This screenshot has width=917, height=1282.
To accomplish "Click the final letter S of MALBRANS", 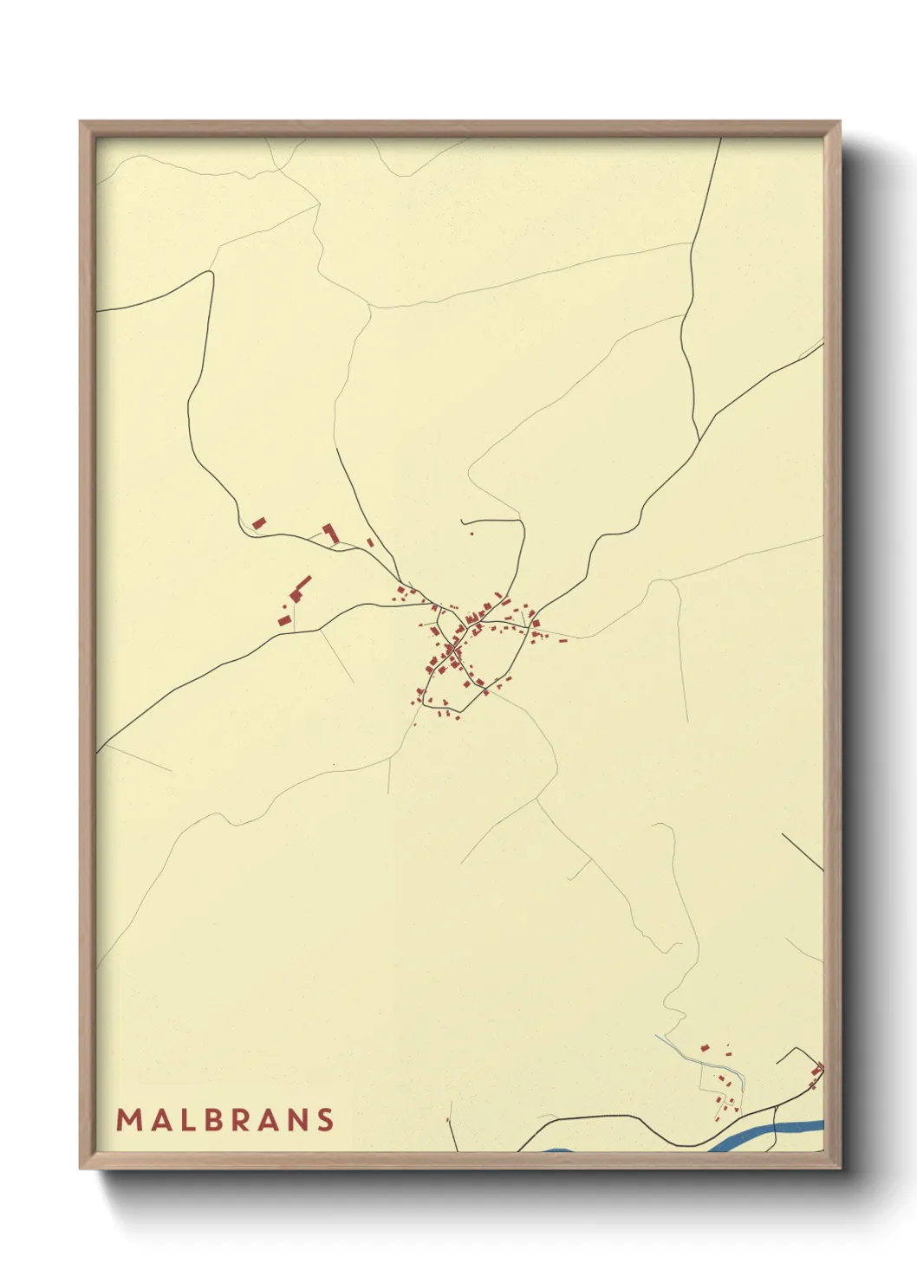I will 326,1120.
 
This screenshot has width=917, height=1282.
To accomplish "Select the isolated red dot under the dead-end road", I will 472,534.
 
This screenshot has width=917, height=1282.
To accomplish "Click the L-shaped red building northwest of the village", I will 329,531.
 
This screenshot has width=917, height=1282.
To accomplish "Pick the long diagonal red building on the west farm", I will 302,583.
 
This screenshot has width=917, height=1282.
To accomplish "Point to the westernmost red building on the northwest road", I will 258,522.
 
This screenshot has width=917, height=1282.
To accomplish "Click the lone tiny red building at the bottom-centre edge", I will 447,1120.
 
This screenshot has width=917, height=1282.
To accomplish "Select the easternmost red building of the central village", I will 564,642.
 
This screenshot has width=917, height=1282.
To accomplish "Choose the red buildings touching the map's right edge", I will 816,1070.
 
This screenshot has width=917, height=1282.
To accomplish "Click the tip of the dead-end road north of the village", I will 462,521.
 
